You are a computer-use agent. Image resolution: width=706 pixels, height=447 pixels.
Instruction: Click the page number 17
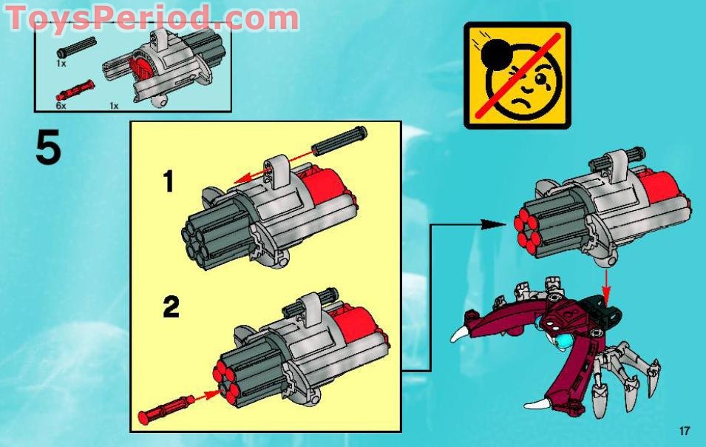pos(683,431)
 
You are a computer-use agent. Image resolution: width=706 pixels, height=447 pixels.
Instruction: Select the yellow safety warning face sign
pos(517,75)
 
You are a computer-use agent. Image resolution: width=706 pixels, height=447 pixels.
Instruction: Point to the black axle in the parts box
pos(78,48)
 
